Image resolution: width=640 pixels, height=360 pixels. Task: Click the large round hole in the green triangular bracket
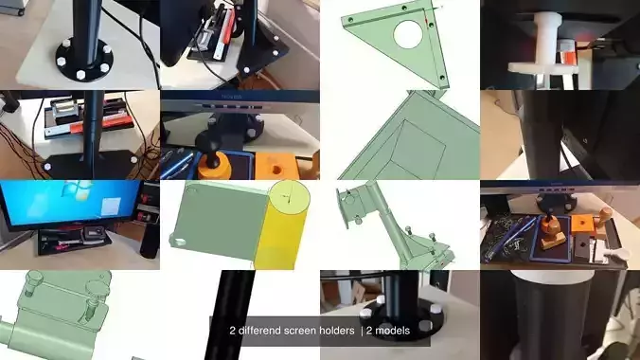(x=408, y=34)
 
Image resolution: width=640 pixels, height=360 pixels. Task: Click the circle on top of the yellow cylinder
(x=290, y=198)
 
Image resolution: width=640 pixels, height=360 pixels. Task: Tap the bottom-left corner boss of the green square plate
(x=179, y=242)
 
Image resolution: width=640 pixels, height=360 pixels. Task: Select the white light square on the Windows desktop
(x=111, y=207)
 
